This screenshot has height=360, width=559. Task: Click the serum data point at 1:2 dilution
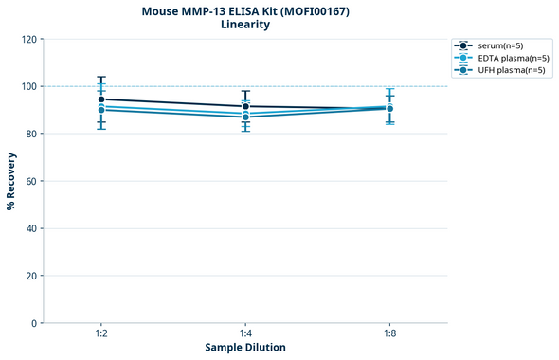101,99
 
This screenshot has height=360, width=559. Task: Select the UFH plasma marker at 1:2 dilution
101,110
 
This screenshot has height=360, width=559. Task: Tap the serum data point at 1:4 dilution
245,106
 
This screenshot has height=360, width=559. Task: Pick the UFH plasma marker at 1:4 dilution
245,117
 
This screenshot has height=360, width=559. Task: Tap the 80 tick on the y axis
31,134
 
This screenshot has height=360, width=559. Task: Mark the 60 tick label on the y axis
31,181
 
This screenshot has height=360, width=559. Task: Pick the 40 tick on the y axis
31,228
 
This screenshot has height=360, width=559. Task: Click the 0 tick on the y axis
34,323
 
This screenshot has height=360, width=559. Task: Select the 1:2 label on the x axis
101,334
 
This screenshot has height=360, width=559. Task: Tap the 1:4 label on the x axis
245,334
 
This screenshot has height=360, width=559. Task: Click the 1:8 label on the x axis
389,334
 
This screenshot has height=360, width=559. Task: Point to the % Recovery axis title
11,180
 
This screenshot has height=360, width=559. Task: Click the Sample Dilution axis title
245,348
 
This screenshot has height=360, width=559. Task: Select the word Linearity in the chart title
245,25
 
